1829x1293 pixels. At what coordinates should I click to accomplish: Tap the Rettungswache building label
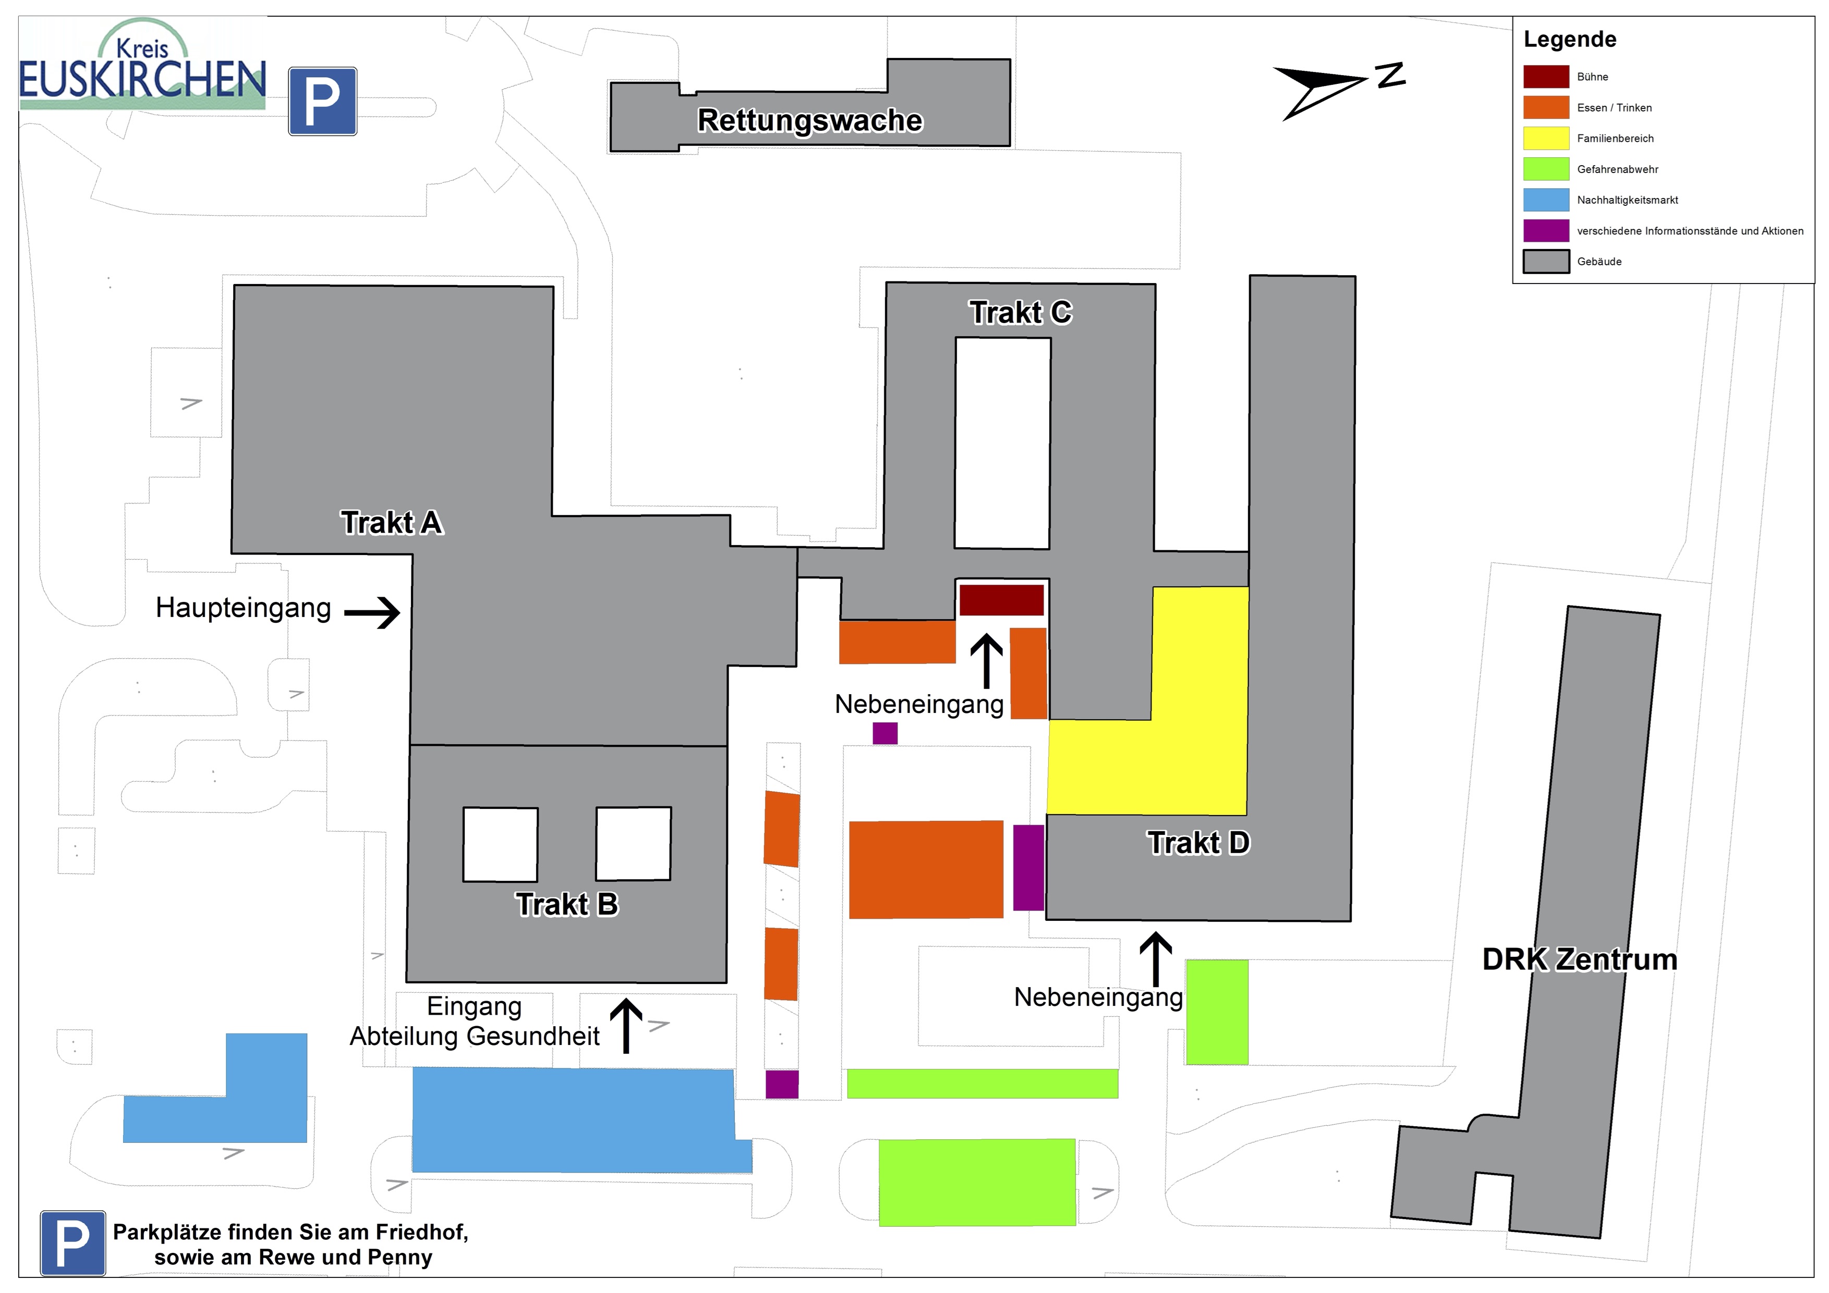pos(809,120)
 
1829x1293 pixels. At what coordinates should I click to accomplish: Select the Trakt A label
pos(391,523)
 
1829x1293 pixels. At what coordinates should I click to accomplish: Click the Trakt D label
pos(1198,842)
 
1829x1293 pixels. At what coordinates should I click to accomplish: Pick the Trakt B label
pos(566,904)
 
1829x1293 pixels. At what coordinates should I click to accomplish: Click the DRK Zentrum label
pos(1579,959)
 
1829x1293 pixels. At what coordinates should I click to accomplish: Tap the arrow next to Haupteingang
pos(372,612)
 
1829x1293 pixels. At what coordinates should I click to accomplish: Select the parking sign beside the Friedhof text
pos(72,1243)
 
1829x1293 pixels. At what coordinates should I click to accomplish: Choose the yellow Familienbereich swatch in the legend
pos(1545,139)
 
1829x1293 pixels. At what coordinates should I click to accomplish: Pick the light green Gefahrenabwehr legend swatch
pos(1545,169)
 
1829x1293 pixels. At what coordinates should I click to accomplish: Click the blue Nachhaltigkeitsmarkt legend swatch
pos(1545,200)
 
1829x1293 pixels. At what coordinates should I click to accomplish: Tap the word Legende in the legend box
pos(1569,40)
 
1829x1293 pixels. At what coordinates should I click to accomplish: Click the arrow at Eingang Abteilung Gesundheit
pos(626,1026)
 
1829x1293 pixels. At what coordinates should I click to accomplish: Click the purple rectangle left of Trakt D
pos(1027,867)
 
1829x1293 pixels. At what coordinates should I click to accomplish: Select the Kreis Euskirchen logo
pos(142,65)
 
